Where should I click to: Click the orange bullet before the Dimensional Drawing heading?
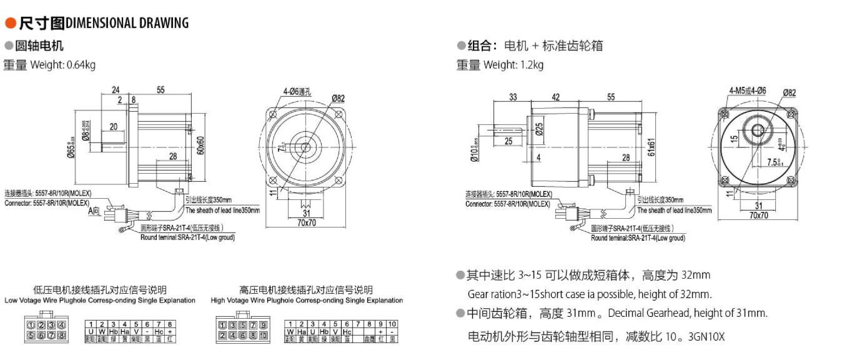10,24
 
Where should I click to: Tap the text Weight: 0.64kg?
62,64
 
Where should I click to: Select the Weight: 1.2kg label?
513,64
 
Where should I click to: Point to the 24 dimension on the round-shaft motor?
116,90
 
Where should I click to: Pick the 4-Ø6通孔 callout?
297,92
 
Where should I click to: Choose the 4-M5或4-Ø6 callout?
747,91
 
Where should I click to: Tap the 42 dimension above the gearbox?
556,97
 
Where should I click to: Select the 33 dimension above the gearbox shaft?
513,97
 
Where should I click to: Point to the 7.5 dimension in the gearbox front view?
774,163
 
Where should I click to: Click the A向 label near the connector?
94,211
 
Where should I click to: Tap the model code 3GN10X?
706,337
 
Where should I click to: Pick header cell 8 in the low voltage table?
169,324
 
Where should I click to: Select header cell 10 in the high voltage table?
392,324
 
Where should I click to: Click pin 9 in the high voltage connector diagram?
263,325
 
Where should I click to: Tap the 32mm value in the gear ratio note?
696,275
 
